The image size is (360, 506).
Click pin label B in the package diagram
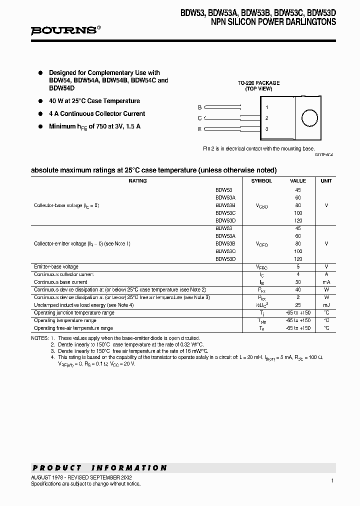point(199,107)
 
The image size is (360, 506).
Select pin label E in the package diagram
point(199,129)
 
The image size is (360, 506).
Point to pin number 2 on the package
point(267,118)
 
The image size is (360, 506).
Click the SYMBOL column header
point(261,181)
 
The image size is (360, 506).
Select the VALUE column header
point(298,181)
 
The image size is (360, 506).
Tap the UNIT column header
point(326,181)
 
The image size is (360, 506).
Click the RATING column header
point(137,181)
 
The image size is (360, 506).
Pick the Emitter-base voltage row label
point(56,267)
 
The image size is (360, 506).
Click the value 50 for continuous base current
point(298,282)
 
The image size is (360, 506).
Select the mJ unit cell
point(326,305)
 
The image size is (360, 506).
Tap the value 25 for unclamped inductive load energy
point(298,305)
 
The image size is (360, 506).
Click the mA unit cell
point(326,282)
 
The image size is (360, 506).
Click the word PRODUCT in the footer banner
point(57,468)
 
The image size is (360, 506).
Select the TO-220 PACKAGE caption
point(258,83)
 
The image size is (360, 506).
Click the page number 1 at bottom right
point(332,480)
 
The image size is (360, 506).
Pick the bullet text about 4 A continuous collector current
point(97,114)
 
